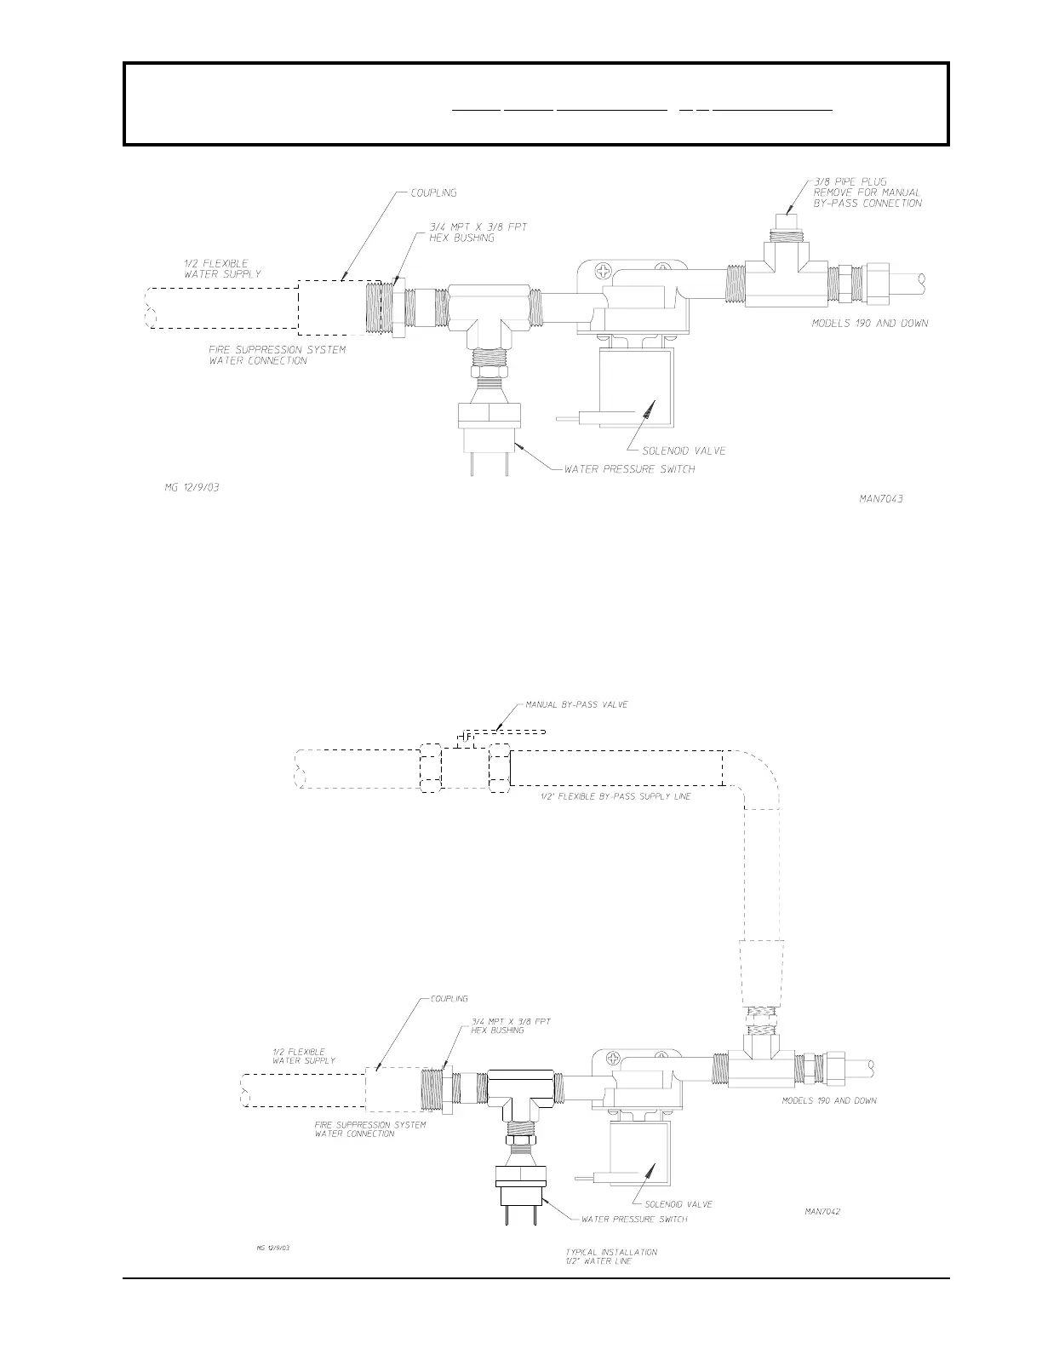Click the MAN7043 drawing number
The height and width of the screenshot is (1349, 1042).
point(880,498)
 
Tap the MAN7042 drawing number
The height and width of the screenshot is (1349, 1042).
point(822,1211)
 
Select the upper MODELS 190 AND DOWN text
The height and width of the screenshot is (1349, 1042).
point(869,324)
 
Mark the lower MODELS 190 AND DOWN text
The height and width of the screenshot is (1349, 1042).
point(828,1100)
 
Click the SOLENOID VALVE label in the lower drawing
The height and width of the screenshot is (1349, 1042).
point(678,1204)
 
